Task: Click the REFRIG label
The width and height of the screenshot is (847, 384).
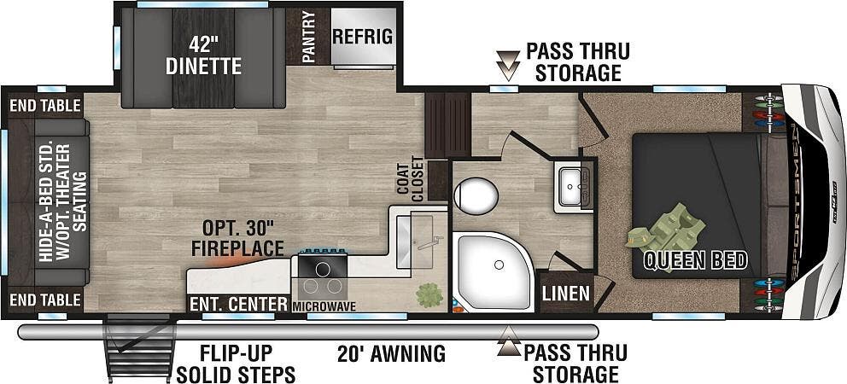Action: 362,37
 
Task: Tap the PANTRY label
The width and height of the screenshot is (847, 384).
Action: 308,38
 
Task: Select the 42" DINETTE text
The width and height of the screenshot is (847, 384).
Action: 203,55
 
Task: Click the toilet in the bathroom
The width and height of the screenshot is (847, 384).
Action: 476,195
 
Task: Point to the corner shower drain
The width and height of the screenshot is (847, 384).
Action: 499,265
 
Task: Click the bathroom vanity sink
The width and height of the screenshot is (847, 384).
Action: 572,186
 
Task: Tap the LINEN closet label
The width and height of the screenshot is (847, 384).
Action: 567,294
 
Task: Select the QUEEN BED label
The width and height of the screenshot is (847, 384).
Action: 696,260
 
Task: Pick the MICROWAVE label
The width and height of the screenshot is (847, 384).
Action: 324,306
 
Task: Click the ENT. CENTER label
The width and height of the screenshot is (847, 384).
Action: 237,304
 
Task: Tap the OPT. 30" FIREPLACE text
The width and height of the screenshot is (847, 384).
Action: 237,238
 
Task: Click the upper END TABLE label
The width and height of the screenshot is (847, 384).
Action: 44,105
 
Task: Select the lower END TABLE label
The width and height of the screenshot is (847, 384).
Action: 44,300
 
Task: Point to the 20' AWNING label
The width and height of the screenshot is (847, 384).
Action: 392,354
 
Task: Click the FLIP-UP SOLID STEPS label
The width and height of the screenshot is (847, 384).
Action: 236,364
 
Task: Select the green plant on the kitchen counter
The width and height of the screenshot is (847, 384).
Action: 429,295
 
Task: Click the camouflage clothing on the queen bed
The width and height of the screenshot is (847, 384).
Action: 666,236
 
